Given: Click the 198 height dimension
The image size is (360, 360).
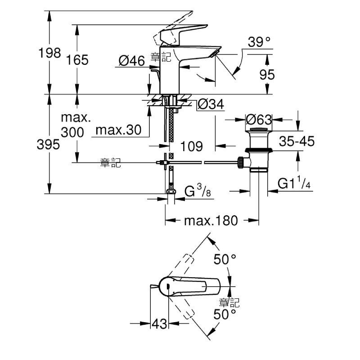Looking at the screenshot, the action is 49,53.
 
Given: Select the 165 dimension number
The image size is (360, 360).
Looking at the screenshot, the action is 77,60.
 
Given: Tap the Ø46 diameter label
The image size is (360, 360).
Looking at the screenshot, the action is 132,61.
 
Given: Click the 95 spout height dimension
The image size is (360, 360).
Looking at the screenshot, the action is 267,75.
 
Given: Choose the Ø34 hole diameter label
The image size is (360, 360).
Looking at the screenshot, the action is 211,104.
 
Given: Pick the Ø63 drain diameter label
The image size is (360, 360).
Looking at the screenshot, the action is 259,119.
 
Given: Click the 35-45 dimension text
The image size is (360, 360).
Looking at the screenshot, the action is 297,141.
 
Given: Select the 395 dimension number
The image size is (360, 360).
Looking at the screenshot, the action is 48,144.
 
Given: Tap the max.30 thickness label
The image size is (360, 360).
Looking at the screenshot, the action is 118,130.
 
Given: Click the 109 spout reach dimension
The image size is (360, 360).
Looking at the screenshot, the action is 192,146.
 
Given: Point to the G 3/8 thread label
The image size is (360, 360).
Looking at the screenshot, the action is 198,190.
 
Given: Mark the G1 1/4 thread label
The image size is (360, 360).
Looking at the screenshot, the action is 294,183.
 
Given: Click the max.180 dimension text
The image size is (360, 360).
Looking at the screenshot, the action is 211,220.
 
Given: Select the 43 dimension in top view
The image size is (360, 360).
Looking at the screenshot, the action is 159,324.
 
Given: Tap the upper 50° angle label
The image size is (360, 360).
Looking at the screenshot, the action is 225,260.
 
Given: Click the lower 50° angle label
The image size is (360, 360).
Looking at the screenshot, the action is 225,314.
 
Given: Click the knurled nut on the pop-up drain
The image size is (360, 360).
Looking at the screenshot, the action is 241,162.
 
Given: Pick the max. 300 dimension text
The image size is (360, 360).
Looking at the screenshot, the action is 76,125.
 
